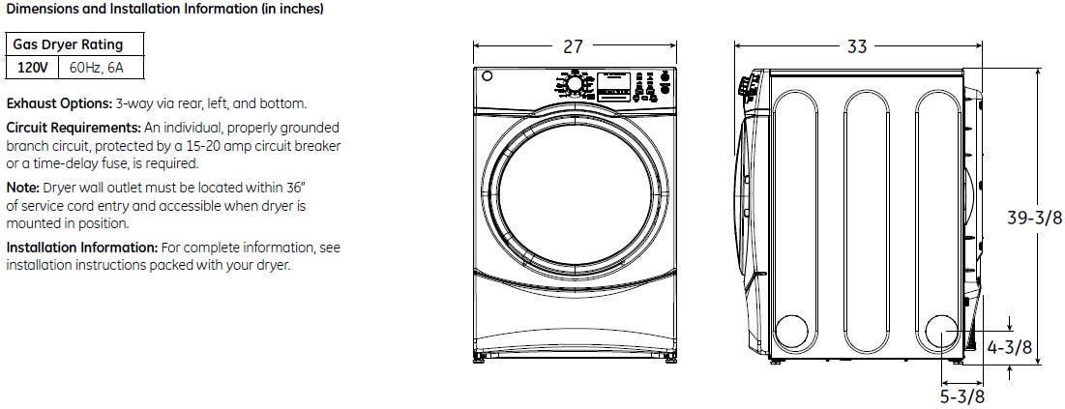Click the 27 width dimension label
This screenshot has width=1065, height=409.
click(574, 45)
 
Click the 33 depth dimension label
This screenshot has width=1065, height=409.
click(857, 45)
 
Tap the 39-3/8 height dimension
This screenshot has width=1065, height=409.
click(1034, 218)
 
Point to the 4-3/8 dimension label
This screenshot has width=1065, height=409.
click(1009, 347)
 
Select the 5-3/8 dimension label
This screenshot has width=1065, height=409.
click(961, 396)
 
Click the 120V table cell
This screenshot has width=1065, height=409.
click(32, 68)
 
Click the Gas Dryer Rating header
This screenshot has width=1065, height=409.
click(68, 44)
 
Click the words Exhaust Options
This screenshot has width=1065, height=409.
click(59, 104)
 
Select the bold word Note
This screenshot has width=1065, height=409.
click(22, 187)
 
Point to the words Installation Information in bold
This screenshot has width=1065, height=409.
click(82, 248)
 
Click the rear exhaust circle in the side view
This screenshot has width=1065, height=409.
click(943, 333)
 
